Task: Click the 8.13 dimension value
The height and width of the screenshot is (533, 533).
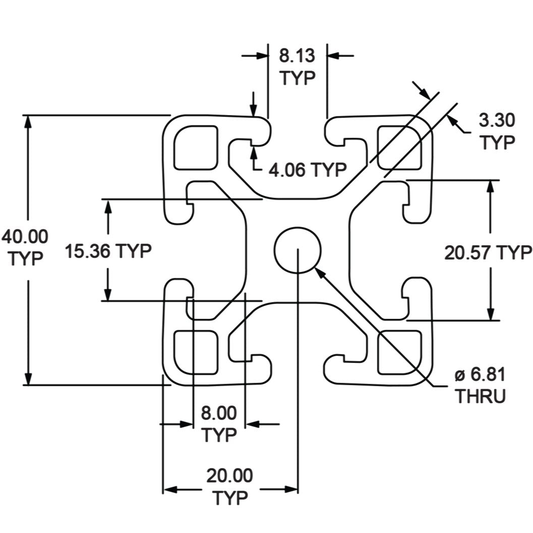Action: (x=297, y=55)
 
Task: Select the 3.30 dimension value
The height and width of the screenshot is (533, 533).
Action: (x=497, y=121)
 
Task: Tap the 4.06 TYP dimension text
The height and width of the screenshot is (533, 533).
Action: (x=307, y=169)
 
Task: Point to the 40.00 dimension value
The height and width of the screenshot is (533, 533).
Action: (x=25, y=236)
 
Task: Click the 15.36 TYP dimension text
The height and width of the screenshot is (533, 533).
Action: (x=108, y=251)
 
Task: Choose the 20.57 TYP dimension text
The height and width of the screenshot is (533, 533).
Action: (x=488, y=252)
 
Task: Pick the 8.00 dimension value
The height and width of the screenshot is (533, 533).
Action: (x=219, y=413)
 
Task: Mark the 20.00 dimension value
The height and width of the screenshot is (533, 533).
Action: (x=229, y=476)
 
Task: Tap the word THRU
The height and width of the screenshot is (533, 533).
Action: (x=480, y=396)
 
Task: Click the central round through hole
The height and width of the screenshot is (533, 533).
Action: (x=298, y=250)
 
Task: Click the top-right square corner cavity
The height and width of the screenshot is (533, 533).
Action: (x=400, y=147)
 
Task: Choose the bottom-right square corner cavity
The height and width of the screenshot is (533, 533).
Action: (x=400, y=352)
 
